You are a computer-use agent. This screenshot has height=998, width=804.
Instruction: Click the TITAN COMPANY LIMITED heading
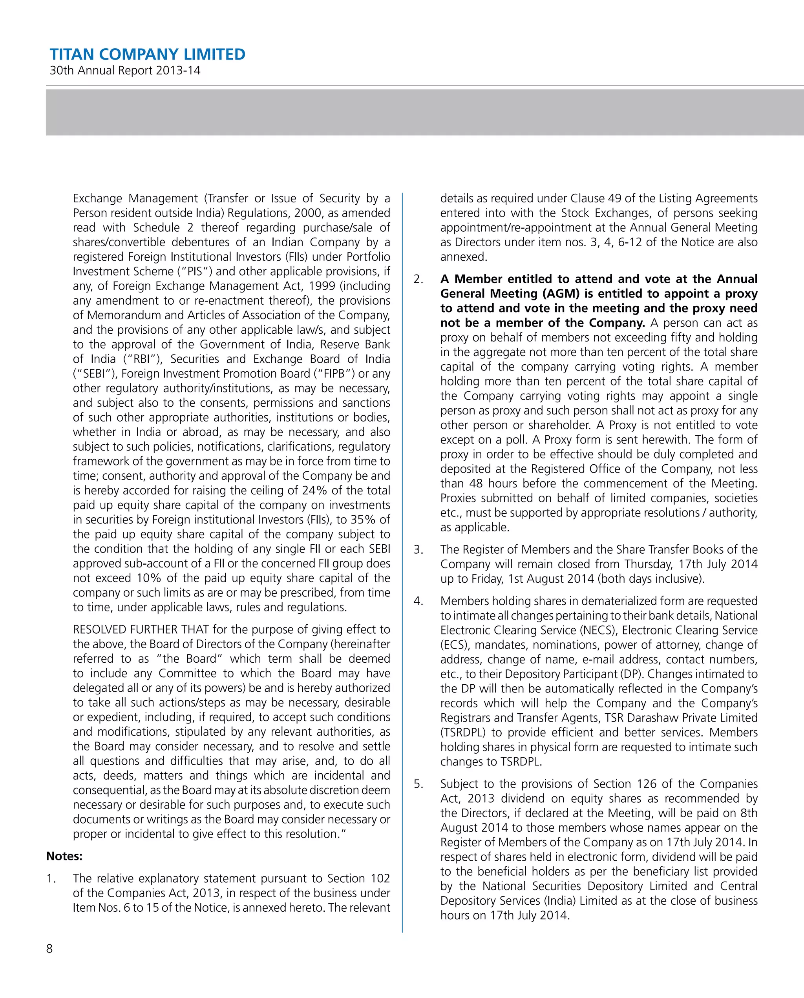(x=147, y=54)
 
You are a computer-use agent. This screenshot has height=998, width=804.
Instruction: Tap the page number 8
(x=49, y=949)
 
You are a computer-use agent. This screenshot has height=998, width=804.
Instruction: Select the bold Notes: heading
(x=64, y=856)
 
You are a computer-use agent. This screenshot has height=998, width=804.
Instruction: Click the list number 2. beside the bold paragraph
(x=418, y=279)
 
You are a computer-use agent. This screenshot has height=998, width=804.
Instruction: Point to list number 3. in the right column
(x=418, y=549)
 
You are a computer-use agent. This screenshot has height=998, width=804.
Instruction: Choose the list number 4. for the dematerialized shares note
(x=418, y=601)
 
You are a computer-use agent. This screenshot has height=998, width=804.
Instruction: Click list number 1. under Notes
(x=51, y=878)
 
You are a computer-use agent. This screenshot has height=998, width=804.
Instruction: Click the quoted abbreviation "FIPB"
(x=334, y=374)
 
